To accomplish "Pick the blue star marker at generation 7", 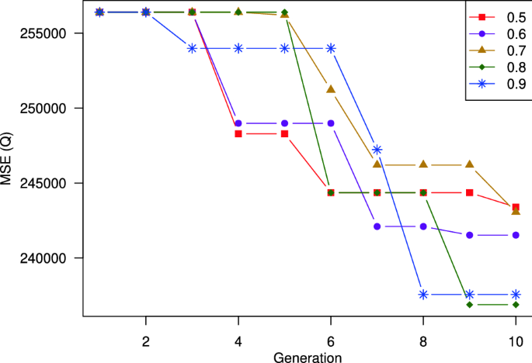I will (377, 150).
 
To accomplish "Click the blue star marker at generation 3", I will (192, 48).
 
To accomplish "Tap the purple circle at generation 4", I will (238, 123).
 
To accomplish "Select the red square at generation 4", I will (238, 134).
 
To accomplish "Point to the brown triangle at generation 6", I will (331, 89).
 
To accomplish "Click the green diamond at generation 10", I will (516, 305).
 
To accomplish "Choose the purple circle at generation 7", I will (377, 226).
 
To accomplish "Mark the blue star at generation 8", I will (423, 295).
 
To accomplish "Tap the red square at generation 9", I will (470, 192).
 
